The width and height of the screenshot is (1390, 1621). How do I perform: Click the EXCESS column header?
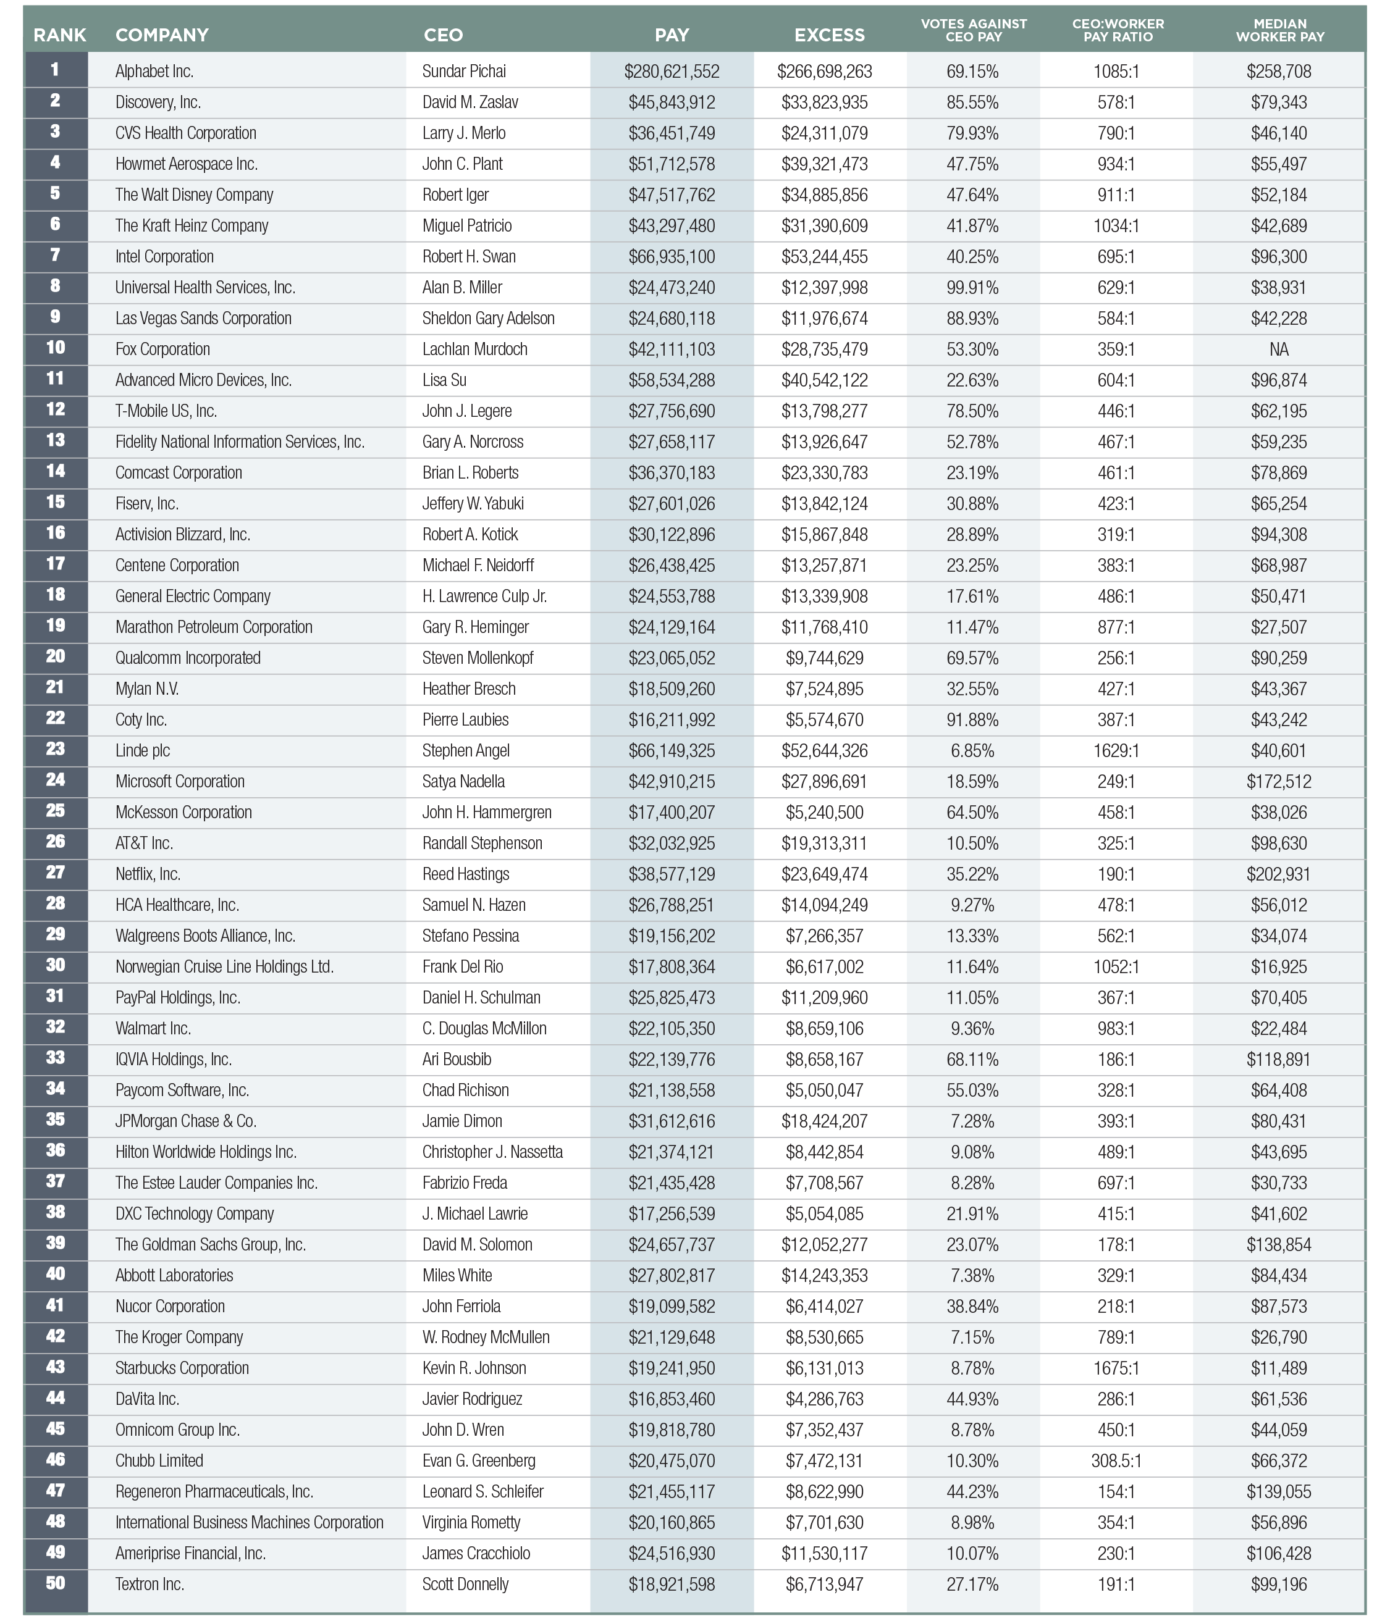(829, 35)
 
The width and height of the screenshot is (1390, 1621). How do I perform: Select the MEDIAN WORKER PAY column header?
(1279, 30)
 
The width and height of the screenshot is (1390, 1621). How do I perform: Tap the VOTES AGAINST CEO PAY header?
(973, 30)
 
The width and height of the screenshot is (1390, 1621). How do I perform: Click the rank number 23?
(55, 750)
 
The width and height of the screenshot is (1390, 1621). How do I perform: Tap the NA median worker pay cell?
(1279, 350)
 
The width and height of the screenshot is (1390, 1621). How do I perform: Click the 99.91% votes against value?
(972, 288)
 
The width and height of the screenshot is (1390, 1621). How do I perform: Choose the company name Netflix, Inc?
(148, 874)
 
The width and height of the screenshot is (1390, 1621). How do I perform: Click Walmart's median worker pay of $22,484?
(1279, 1029)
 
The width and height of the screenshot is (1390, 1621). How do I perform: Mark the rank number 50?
(55, 1583)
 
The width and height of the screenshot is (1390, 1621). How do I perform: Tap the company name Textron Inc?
(150, 1584)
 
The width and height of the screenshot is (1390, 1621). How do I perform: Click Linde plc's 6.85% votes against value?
(972, 751)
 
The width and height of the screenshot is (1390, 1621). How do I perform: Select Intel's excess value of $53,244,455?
(824, 258)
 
